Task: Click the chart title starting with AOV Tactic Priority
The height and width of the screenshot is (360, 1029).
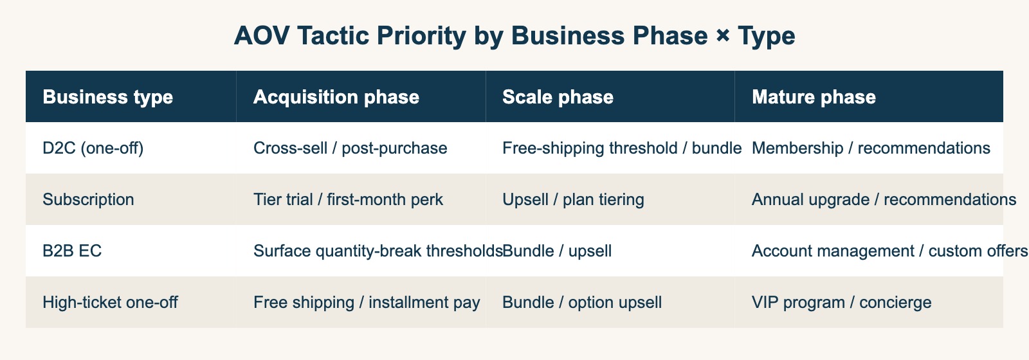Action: tap(514, 36)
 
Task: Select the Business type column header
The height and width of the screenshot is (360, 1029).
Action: tap(107, 97)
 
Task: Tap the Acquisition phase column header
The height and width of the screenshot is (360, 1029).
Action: tap(336, 97)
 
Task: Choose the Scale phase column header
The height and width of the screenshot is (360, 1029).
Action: tap(558, 97)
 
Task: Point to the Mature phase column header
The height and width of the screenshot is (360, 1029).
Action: tap(814, 97)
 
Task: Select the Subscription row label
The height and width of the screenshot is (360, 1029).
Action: tap(88, 199)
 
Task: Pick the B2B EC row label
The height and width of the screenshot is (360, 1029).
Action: tap(72, 251)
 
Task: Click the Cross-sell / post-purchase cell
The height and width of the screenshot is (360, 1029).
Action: tap(350, 148)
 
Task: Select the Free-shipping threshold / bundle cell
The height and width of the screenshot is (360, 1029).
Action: tap(621, 148)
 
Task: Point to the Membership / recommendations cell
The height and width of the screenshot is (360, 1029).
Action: tap(870, 148)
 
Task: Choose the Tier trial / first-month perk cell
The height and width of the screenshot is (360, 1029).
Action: tap(348, 199)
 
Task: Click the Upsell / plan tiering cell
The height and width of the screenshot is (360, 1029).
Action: tap(573, 199)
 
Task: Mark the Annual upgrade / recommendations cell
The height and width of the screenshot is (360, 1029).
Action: tap(884, 199)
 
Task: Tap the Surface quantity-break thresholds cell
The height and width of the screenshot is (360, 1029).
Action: tap(378, 251)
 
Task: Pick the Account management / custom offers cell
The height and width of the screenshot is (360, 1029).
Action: tap(889, 251)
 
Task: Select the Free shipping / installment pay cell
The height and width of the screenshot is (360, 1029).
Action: tap(367, 302)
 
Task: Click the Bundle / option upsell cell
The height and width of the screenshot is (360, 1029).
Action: tap(581, 302)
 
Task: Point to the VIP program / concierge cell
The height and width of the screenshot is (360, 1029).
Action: tap(841, 302)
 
